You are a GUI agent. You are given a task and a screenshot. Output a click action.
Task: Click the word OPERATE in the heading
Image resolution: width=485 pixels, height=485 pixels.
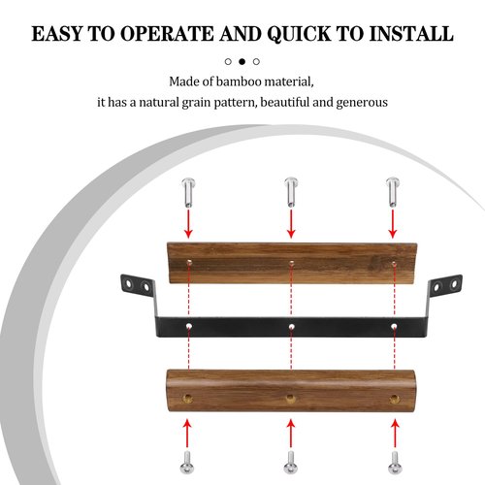pyautogui.click(x=167, y=34)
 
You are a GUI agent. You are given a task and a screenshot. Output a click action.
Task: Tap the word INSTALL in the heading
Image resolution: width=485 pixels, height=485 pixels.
pyautogui.click(x=411, y=34)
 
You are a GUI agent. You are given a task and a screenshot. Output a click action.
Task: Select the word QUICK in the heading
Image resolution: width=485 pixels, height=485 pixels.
pyautogui.click(x=300, y=34)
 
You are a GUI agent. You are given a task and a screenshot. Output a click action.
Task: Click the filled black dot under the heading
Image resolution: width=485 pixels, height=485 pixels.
pyautogui.click(x=242, y=61)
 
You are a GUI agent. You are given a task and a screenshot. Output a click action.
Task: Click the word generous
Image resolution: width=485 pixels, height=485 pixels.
pyautogui.click(x=362, y=103)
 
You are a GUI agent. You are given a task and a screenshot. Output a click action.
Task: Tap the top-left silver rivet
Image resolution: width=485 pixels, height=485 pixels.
pyautogui.click(x=188, y=192)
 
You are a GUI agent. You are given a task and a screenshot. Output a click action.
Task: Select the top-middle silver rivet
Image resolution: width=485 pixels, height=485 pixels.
pyautogui.click(x=291, y=192)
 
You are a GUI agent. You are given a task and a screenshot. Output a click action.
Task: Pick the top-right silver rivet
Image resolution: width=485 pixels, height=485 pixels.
pyautogui.click(x=393, y=192)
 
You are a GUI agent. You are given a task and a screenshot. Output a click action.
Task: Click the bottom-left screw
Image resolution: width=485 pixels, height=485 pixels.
pyautogui.click(x=187, y=463)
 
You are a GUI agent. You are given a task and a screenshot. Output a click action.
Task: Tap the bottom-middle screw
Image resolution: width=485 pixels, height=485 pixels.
pyautogui.click(x=291, y=463)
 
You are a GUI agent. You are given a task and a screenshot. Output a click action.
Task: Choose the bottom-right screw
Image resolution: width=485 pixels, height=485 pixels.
pyautogui.click(x=395, y=463)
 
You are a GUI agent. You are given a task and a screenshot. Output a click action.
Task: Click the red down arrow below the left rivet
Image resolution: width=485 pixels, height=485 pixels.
pyautogui.click(x=188, y=224)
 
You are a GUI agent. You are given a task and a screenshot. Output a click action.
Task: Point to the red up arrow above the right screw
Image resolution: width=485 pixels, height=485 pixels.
pyautogui.click(x=395, y=434)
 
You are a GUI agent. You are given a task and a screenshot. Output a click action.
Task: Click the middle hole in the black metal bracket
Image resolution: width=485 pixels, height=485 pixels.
pyautogui.click(x=291, y=327)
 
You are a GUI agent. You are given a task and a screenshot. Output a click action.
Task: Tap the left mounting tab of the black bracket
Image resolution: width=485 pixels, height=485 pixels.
pyautogui.click(x=138, y=286)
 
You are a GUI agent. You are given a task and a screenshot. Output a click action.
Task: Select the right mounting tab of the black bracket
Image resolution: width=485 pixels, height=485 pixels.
pyautogui.click(x=445, y=286)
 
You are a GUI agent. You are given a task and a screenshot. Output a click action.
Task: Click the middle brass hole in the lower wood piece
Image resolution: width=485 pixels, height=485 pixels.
pyautogui.click(x=290, y=399)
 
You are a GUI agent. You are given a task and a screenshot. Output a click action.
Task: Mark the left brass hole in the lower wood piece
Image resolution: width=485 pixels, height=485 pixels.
pyautogui.click(x=187, y=399)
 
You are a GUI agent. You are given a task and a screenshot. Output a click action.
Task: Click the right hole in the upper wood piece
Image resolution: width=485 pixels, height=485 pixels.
pyautogui.click(x=394, y=264)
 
